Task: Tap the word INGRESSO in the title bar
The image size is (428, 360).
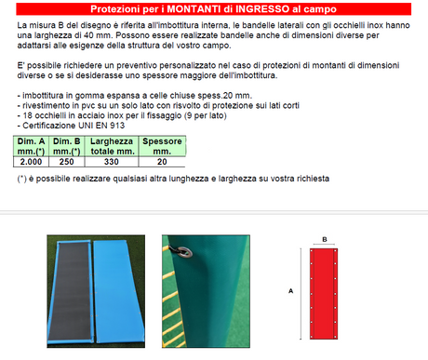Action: pos(262,9)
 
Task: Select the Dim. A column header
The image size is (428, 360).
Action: pos(31,146)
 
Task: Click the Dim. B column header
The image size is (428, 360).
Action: pos(67,146)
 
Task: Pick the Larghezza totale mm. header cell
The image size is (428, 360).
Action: pos(112,146)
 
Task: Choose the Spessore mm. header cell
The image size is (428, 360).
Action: pos(162,146)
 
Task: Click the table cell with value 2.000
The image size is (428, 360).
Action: pos(31,162)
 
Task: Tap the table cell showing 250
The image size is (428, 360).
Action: pos(67,162)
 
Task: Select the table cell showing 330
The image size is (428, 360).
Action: pos(112,162)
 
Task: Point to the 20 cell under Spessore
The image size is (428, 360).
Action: pos(162,162)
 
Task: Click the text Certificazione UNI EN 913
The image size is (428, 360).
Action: pos(74,126)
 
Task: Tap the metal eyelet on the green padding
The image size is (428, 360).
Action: pos(184,251)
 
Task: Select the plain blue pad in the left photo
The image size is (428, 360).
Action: pos(118,291)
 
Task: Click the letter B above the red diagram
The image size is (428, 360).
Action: pos(325,239)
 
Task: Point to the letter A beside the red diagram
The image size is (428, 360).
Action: pos(290,291)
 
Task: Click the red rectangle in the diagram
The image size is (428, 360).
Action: pos(324,294)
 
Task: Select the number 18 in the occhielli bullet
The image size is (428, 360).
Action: pos(27,115)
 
